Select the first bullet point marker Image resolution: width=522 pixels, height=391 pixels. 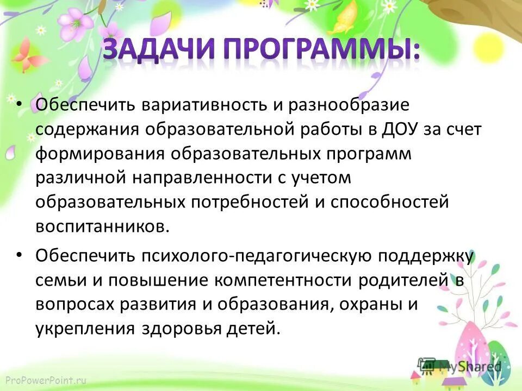(20, 104)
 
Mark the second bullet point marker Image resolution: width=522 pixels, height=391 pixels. (20, 254)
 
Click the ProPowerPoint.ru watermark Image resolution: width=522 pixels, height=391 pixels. (45, 380)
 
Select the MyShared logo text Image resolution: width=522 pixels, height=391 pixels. (468, 367)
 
